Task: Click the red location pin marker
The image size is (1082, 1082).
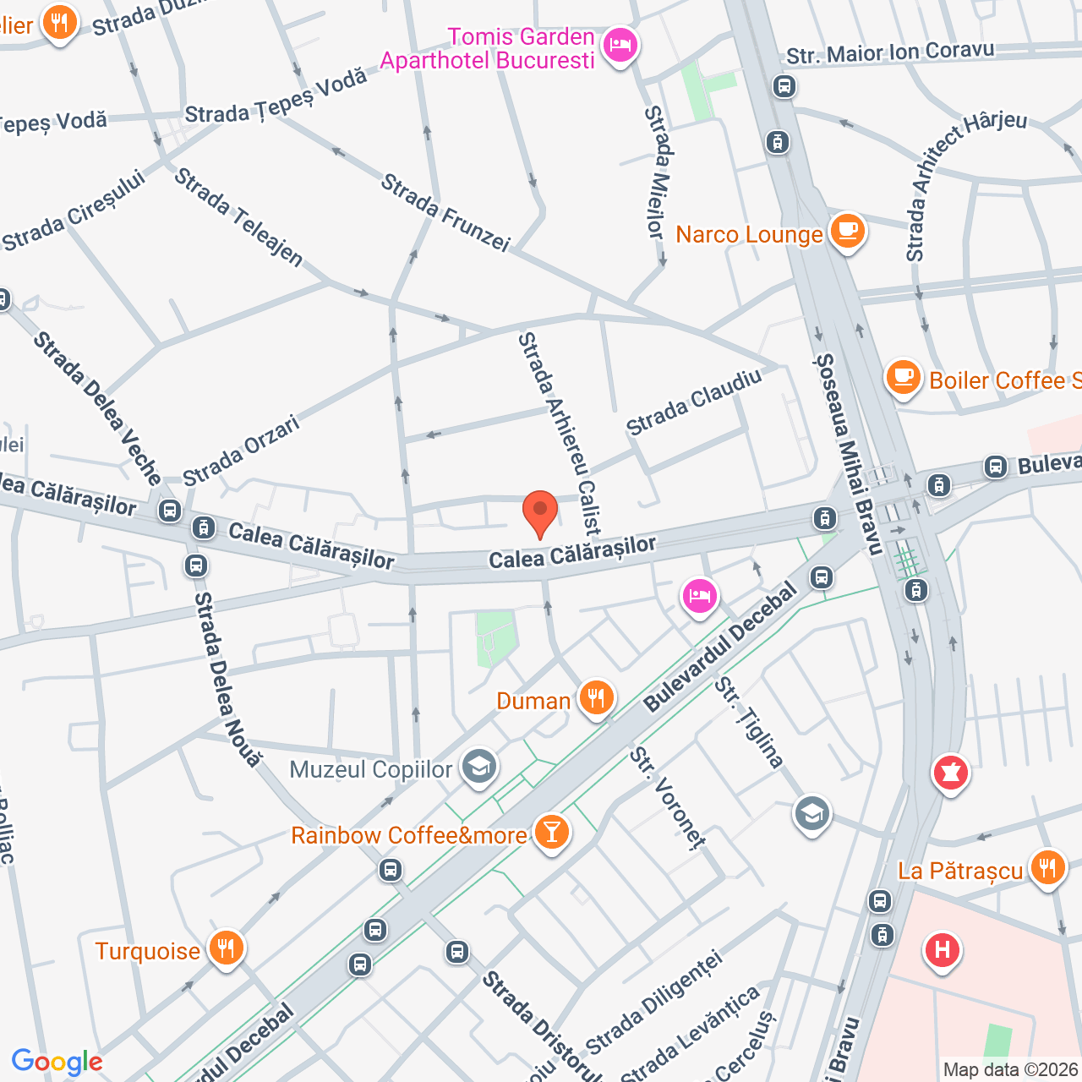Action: coord(540,512)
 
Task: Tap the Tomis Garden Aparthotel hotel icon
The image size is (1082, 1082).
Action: coord(620,46)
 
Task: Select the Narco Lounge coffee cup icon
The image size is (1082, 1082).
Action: coord(847,231)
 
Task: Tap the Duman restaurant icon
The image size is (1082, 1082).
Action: coord(597,698)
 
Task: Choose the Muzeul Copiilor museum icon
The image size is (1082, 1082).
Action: coord(479,768)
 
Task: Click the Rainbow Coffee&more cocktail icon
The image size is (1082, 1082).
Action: coord(551,833)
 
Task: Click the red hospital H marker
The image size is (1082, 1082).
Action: coord(942,951)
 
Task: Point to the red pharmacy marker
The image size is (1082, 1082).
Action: coord(950,773)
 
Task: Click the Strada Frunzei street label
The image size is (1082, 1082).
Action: coord(445,212)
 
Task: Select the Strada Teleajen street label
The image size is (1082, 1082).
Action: coord(238,217)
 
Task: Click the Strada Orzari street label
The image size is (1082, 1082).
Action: coord(242,451)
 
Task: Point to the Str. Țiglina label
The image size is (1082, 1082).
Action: coord(749,723)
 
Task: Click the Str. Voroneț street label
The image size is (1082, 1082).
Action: coord(667,797)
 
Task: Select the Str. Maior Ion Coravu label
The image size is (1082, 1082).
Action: coord(890,52)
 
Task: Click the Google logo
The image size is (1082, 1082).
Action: coord(57,1062)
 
